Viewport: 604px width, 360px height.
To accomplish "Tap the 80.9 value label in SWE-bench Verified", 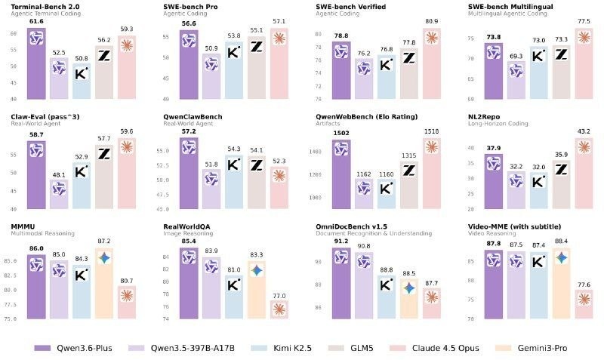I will (x=433, y=22).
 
